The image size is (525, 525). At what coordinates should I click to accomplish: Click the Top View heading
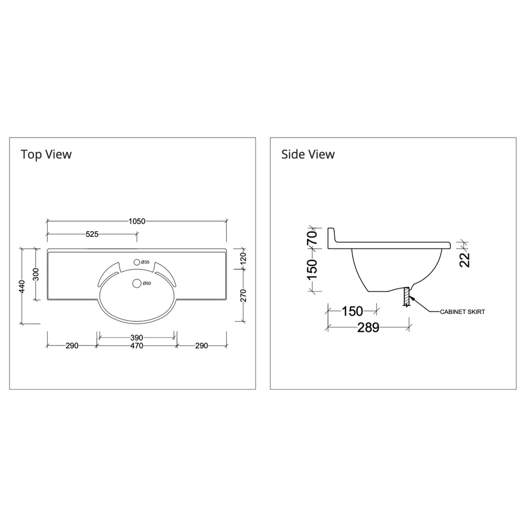46,154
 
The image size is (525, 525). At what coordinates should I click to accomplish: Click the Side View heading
308,154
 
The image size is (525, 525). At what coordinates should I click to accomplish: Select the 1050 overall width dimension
136,222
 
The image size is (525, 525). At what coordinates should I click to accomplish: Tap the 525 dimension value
92,235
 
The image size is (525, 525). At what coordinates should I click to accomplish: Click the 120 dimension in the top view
242,258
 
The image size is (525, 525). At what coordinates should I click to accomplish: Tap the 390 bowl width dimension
136,337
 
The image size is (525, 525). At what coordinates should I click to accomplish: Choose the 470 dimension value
136,346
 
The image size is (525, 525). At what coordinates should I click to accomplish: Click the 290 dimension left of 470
72,346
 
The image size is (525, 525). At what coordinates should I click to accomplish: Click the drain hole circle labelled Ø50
138,283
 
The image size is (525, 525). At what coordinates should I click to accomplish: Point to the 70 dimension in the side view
312,237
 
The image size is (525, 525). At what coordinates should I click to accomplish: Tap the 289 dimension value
368,328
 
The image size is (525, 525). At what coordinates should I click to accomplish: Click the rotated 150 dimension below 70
312,269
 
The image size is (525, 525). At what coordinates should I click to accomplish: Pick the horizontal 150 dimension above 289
352,311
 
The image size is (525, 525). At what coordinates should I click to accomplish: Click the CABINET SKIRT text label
462,311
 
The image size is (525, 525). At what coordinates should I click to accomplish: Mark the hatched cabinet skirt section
406,297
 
